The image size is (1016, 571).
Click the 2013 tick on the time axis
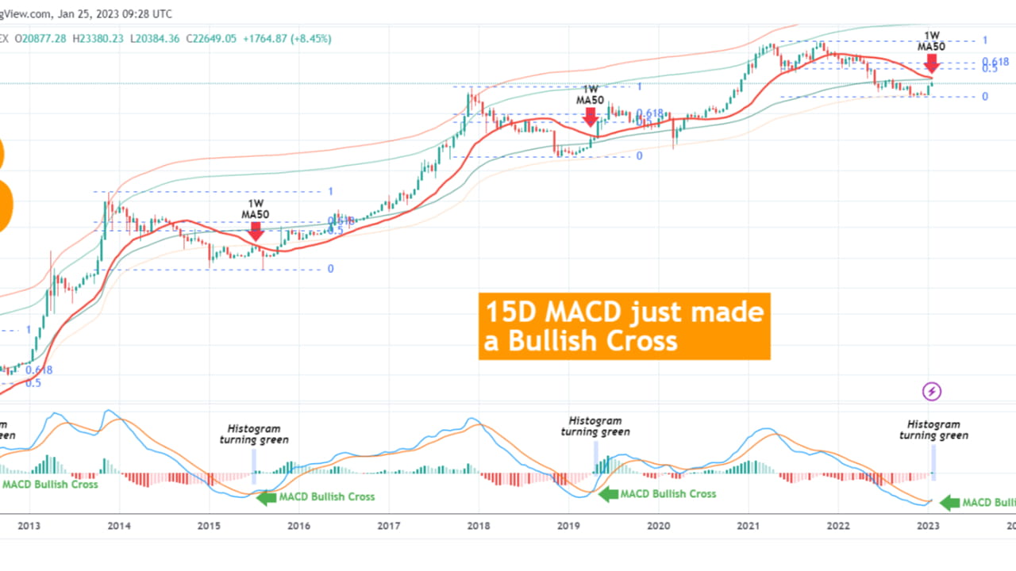[29, 525]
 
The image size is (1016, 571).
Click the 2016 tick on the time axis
[298, 525]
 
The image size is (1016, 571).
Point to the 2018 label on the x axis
[478, 525]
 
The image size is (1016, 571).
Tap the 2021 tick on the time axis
[748, 525]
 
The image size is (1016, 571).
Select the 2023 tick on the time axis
[927, 525]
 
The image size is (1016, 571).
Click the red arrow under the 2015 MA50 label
[256, 231]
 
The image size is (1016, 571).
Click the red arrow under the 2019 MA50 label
[590, 117]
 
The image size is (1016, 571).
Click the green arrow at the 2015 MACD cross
[266, 497]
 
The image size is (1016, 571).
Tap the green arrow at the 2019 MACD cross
[607, 494]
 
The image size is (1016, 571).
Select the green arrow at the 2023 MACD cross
[949, 502]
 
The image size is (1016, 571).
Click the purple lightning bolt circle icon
[932, 391]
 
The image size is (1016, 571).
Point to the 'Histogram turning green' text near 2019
[595, 427]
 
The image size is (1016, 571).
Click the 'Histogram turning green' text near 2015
[254, 434]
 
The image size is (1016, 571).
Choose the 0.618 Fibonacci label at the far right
[995, 62]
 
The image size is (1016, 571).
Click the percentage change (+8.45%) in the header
[312, 38]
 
